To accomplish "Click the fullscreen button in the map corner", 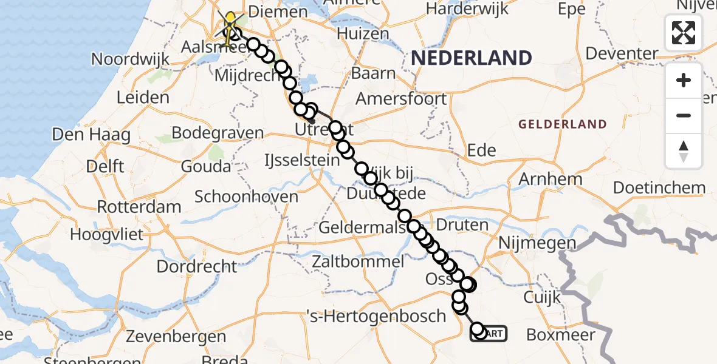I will click(684, 33).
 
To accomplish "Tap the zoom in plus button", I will click(684, 81).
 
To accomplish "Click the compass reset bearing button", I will click(684, 151).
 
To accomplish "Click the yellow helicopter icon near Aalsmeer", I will click(231, 27).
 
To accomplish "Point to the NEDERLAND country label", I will click(472, 58).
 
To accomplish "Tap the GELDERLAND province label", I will click(562, 124).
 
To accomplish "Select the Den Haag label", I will click(91, 134).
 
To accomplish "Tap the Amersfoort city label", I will click(401, 98).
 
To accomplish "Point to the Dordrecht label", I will click(197, 266).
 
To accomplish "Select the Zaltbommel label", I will click(357, 262).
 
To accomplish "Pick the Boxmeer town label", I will click(561, 335).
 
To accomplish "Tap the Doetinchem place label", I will click(659, 187).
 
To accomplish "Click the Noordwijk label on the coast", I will click(128, 59).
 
